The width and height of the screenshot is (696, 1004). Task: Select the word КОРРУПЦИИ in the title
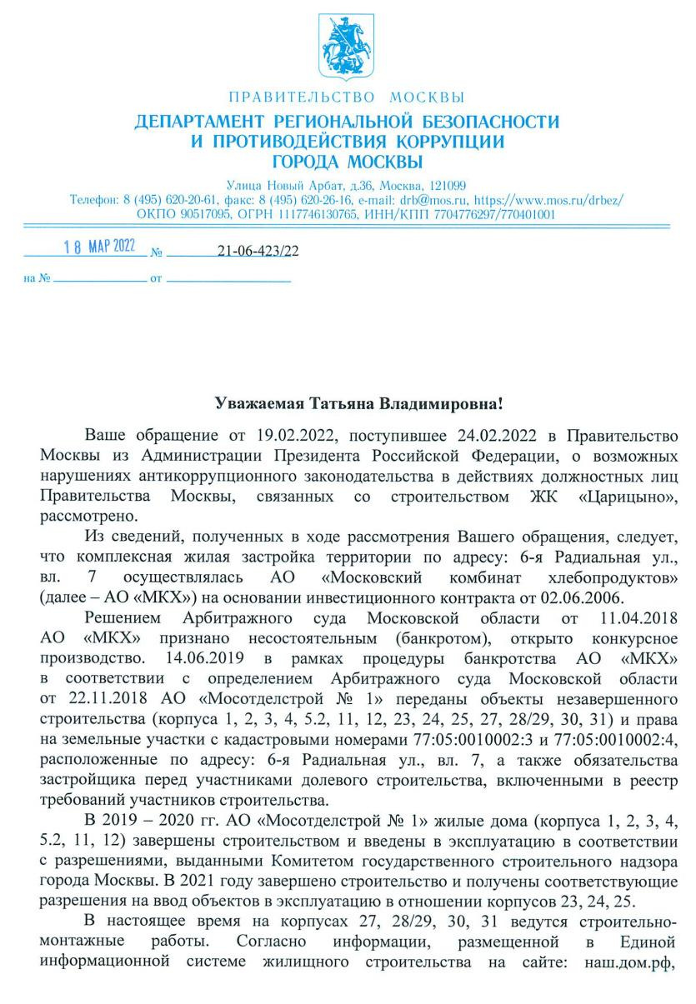(x=442, y=142)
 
